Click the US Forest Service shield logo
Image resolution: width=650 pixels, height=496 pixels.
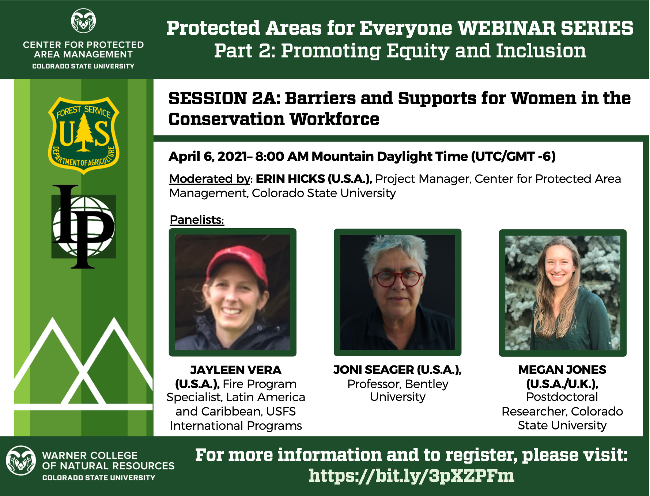84,135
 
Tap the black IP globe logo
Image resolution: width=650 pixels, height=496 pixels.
84,227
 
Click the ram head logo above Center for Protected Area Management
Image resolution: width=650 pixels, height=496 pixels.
83,21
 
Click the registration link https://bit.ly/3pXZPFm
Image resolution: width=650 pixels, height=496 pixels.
412,476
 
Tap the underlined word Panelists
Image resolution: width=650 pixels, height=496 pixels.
197,220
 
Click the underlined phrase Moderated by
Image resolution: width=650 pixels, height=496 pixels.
211,179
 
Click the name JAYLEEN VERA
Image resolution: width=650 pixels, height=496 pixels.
236,370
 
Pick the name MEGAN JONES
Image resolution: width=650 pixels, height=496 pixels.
562,370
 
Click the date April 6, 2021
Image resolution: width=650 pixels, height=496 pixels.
208,157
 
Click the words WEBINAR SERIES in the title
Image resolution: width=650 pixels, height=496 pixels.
545,28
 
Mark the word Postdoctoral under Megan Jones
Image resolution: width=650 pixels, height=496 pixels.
562,397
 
